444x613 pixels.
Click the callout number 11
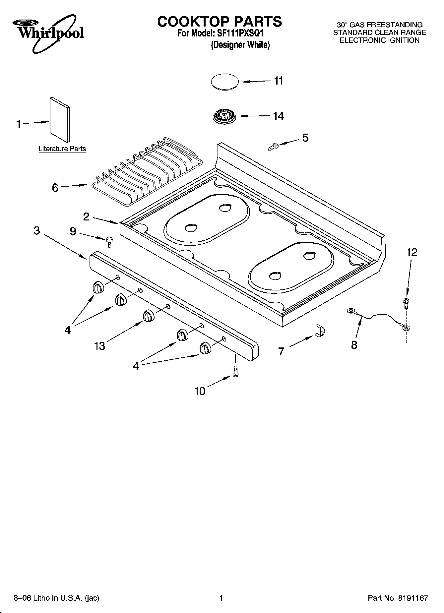coord(279,81)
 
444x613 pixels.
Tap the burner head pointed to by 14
coord(225,117)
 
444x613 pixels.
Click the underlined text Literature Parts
coord(62,149)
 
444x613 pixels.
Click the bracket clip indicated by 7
coord(320,331)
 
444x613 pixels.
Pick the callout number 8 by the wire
coord(354,345)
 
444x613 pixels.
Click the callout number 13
coord(99,346)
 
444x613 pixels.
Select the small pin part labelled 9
coord(109,241)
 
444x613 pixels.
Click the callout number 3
coord(37,230)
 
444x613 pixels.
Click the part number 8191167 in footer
coord(413,598)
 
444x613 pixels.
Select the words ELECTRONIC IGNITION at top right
coord(379,40)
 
